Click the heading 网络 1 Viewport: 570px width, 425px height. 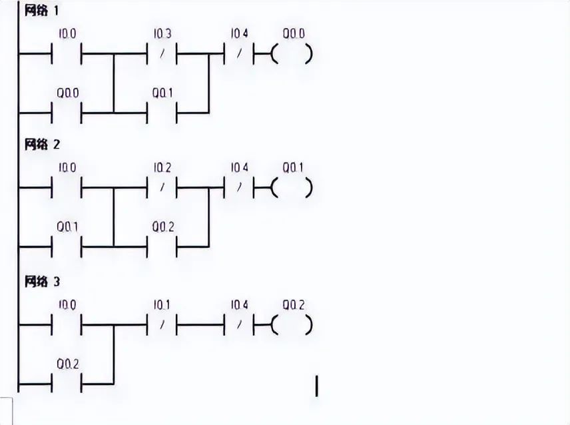pos(41,11)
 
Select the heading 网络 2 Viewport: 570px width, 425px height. pos(41,145)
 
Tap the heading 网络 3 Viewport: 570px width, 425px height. pos(41,281)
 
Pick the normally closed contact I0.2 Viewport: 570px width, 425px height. pos(162,189)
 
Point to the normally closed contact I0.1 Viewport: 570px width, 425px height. pos(162,326)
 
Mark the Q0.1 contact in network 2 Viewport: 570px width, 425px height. pos(67,246)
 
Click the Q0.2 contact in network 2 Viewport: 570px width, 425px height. pos(162,246)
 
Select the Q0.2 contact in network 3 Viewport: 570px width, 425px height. pos(67,384)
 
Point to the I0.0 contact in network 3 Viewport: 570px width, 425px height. pos(67,326)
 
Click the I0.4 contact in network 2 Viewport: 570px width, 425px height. pos(240,189)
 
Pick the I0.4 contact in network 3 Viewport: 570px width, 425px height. pos(240,326)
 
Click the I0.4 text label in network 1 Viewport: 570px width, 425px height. pos(239,33)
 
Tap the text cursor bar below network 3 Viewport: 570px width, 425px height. pos(316,386)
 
